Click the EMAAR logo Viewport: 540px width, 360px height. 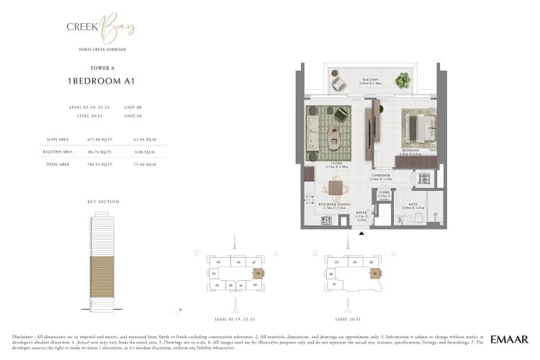509,339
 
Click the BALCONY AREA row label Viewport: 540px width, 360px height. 57,153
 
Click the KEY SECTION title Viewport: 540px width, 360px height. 103,202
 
